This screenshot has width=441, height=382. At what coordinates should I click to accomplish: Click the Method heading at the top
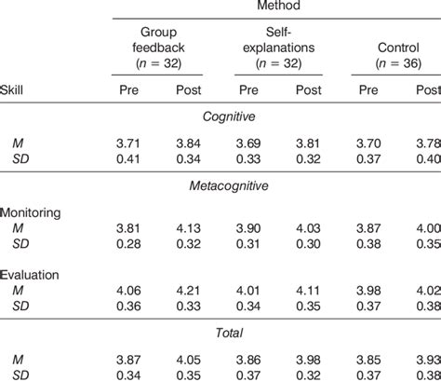click(276, 7)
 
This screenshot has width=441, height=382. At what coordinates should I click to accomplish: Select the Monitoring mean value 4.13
click(189, 226)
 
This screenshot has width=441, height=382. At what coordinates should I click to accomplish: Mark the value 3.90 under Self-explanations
click(248, 226)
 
